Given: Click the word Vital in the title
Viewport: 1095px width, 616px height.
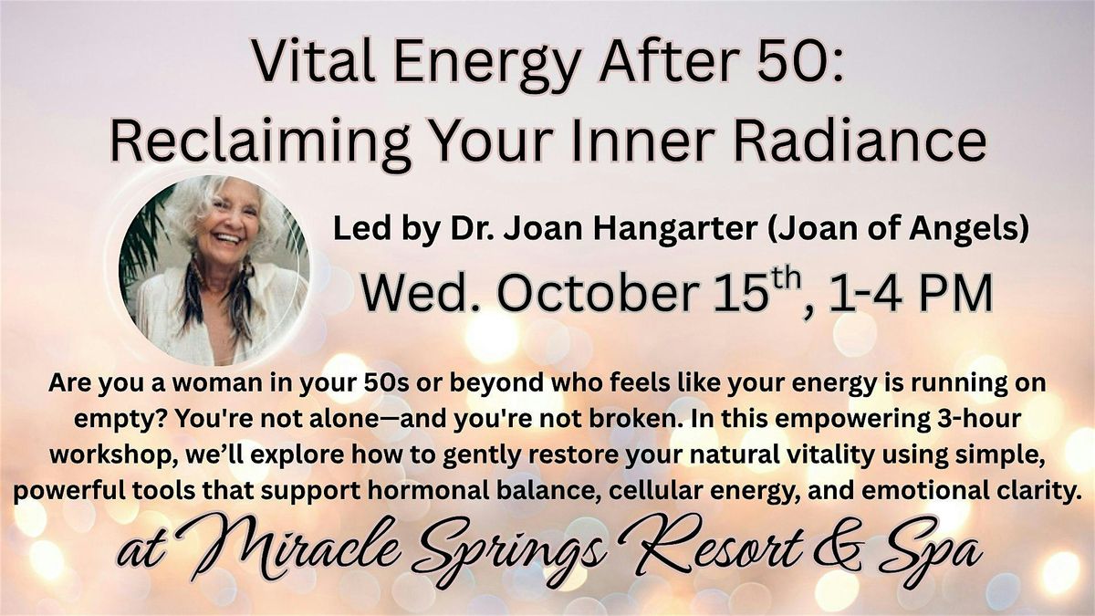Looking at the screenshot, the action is coord(313,62).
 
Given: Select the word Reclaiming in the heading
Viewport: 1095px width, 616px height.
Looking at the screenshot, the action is coord(260,141).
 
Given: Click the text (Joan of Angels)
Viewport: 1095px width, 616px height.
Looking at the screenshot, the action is coord(898,230).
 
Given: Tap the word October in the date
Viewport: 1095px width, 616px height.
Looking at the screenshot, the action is coord(598,294).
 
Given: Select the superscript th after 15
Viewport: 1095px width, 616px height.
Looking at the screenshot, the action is coord(786,279).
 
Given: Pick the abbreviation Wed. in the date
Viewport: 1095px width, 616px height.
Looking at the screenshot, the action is coord(422,294).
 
